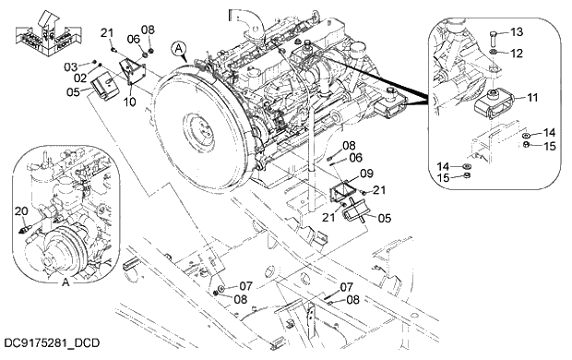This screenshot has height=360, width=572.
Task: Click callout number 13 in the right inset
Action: (516, 32)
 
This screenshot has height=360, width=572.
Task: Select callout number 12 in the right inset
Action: (516, 54)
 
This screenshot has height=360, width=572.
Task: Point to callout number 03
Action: (69, 66)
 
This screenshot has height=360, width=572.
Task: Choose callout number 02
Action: (80, 77)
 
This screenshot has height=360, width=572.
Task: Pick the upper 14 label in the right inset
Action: (549, 133)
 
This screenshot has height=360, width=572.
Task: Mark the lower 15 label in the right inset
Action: (445, 177)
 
